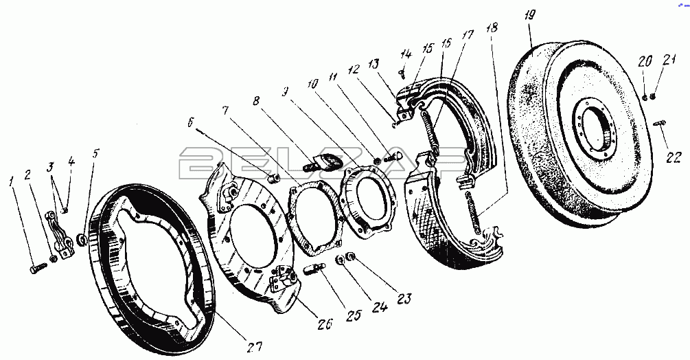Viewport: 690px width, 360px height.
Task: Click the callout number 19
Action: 529,16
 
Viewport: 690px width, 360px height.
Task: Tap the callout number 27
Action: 255,346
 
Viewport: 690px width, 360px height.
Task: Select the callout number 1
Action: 12,181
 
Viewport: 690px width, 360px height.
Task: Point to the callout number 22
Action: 674,157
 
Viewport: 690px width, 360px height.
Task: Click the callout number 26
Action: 325,324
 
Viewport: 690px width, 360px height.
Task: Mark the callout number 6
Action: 191,124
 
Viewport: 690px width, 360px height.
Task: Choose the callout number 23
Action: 404,300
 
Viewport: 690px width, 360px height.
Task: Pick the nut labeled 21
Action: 653,95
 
